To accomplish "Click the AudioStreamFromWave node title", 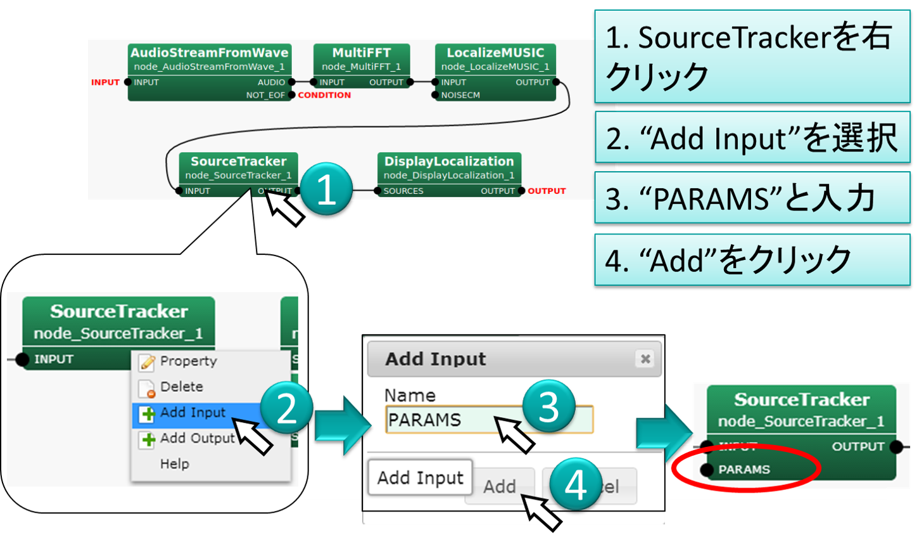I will pos(209,53).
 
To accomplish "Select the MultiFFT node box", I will pos(362,70).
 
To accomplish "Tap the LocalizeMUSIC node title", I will pos(495,53).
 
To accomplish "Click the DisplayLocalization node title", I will pos(449,162).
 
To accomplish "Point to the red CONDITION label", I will pos(324,95).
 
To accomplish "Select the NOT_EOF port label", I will pos(265,95).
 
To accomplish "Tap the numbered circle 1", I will pos(326,189).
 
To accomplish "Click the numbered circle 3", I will pos(548,406).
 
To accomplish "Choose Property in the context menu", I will pos(188,361).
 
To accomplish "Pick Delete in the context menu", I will pos(181,387).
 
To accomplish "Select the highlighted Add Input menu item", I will pos(193,413).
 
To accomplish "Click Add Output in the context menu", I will pos(197,439).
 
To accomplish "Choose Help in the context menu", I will pos(174,464).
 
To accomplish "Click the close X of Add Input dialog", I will pos(645,359).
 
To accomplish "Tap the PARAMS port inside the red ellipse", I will pos(744,470).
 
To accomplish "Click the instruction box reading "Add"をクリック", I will pos(752,260).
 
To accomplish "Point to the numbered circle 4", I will pos(575,485).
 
